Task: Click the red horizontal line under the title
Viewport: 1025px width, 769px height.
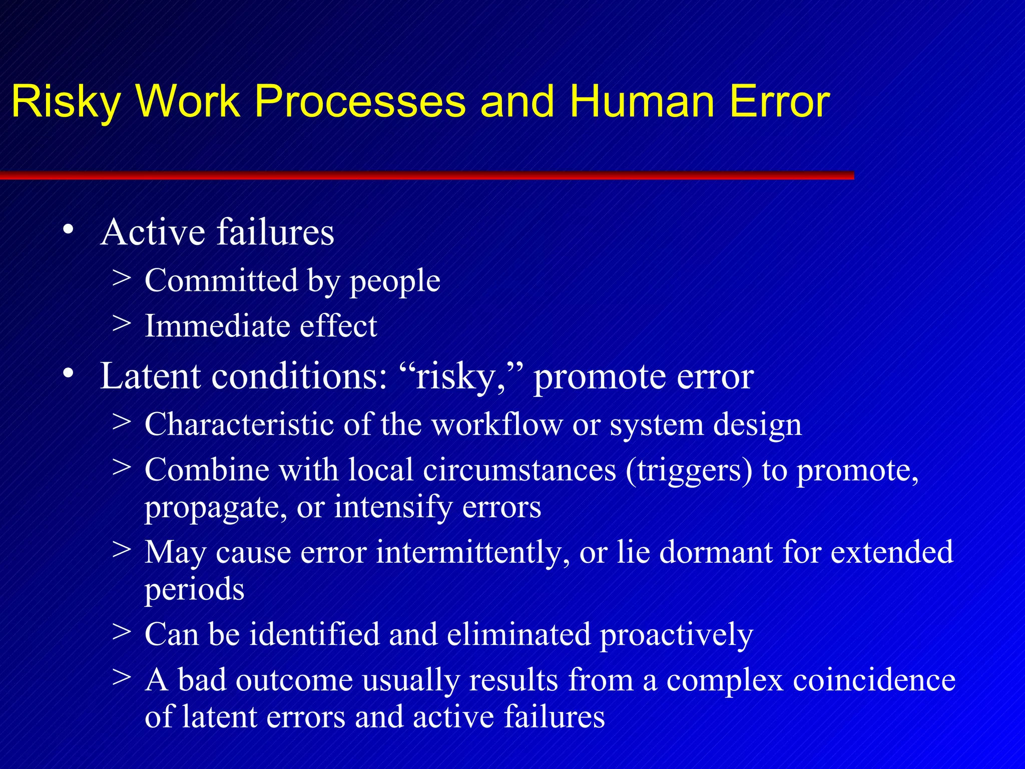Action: [x=425, y=175]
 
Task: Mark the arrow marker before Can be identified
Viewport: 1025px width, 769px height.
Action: [x=122, y=632]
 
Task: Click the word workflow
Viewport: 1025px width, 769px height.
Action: [x=497, y=425]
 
